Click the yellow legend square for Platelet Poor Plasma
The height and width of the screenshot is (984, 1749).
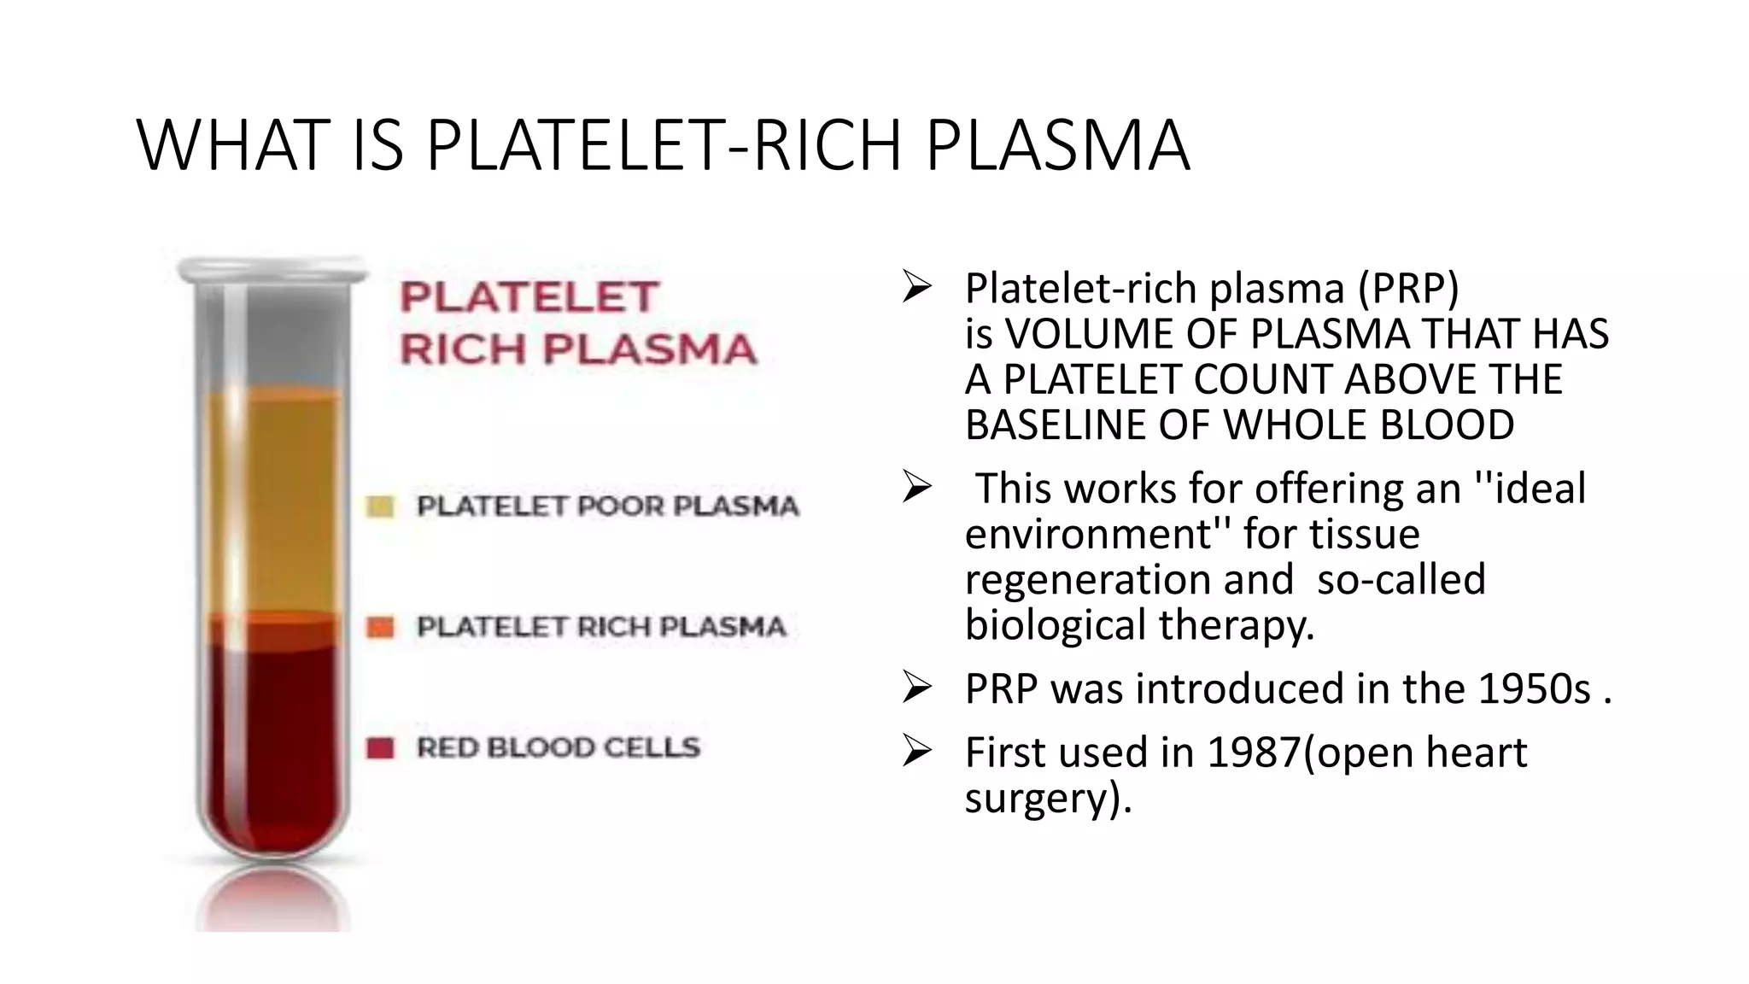[x=380, y=507]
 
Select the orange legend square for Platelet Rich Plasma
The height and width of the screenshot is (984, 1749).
[x=380, y=628]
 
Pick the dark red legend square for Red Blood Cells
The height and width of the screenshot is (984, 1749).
[x=380, y=748]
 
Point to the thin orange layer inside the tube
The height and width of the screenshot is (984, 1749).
[x=273, y=629]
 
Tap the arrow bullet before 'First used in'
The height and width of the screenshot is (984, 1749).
[x=915, y=752]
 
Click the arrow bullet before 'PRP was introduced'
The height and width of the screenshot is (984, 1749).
[x=915, y=688]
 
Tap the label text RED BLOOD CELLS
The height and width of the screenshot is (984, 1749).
[x=559, y=748]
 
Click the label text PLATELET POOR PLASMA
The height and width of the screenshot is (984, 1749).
[x=607, y=507]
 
